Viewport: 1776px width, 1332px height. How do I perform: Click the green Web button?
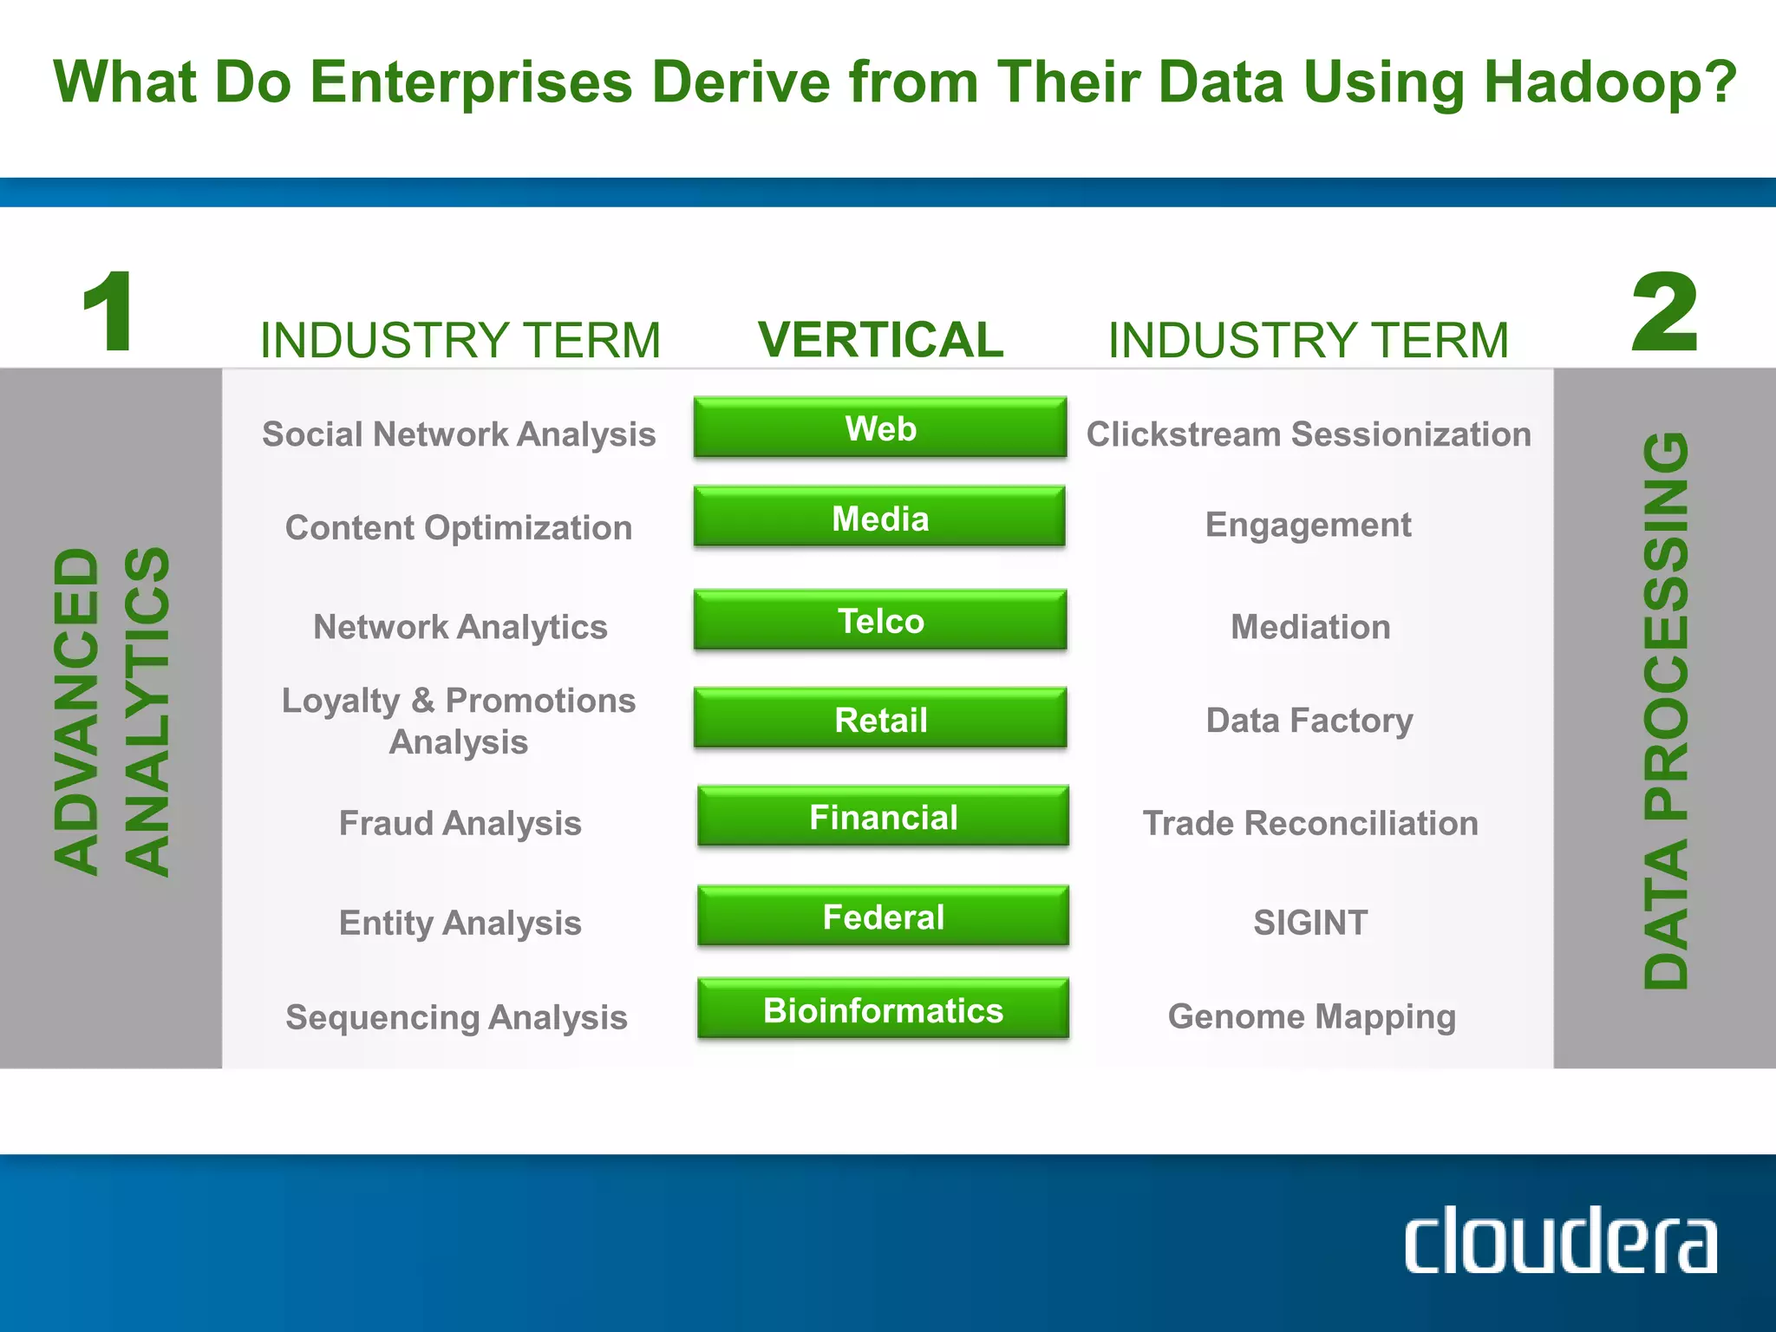coord(880,428)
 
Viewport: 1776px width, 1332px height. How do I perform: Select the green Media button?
coord(880,517)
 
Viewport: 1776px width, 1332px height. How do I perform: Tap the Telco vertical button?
coord(880,620)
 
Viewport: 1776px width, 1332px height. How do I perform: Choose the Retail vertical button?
coord(880,718)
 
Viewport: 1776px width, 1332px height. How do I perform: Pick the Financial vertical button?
coord(883,816)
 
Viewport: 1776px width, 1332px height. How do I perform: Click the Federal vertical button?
coord(883,916)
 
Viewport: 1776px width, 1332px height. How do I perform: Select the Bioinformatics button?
coord(883,1009)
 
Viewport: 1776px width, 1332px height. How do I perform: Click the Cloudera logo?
coord(1560,1241)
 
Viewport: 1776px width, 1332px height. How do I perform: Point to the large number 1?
coord(108,312)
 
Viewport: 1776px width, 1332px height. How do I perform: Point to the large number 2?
coord(1663,312)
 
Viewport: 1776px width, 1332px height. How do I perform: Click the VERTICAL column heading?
coord(880,339)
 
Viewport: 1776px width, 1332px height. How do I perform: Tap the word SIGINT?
coord(1309,923)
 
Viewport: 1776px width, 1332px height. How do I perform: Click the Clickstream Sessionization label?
coord(1309,434)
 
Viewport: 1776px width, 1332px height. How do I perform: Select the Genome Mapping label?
coord(1311,1016)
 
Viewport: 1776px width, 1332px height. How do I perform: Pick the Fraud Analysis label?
coord(460,823)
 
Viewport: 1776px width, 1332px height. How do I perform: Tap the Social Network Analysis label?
coord(459,434)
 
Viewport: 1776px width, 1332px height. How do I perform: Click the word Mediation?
coord(1310,627)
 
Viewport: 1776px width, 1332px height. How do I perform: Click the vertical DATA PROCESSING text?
coord(1666,711)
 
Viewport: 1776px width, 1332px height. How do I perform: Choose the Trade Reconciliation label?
coord(1310,823)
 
